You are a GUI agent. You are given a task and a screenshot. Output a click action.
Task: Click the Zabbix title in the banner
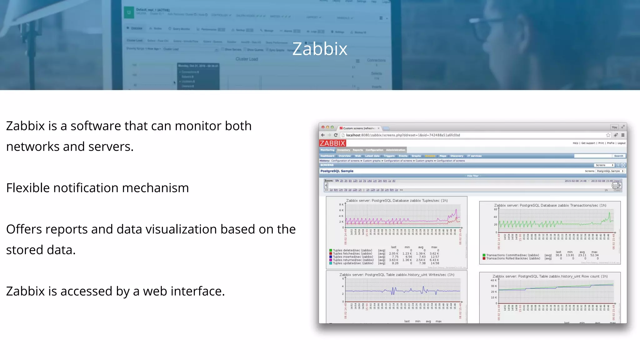320,49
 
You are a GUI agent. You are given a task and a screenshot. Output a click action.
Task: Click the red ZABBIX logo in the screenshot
332,143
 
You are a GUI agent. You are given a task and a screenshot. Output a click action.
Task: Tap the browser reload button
336,135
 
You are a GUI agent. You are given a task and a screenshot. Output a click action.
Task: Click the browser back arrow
323,135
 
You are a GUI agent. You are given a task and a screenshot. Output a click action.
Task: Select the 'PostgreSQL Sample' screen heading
337,171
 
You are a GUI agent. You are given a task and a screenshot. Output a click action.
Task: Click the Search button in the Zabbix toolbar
618,156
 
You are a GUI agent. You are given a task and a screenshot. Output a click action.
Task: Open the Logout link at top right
622,143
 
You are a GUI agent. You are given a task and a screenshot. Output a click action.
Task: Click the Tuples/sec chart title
397,201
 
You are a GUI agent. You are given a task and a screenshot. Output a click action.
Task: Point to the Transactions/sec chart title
550,206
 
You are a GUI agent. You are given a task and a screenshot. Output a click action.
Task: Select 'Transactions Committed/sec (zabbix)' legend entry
512,255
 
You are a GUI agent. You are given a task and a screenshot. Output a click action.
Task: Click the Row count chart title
550,277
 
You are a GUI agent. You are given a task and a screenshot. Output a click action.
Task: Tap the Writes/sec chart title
397,275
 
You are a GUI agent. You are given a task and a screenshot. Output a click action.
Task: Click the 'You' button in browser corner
614,127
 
